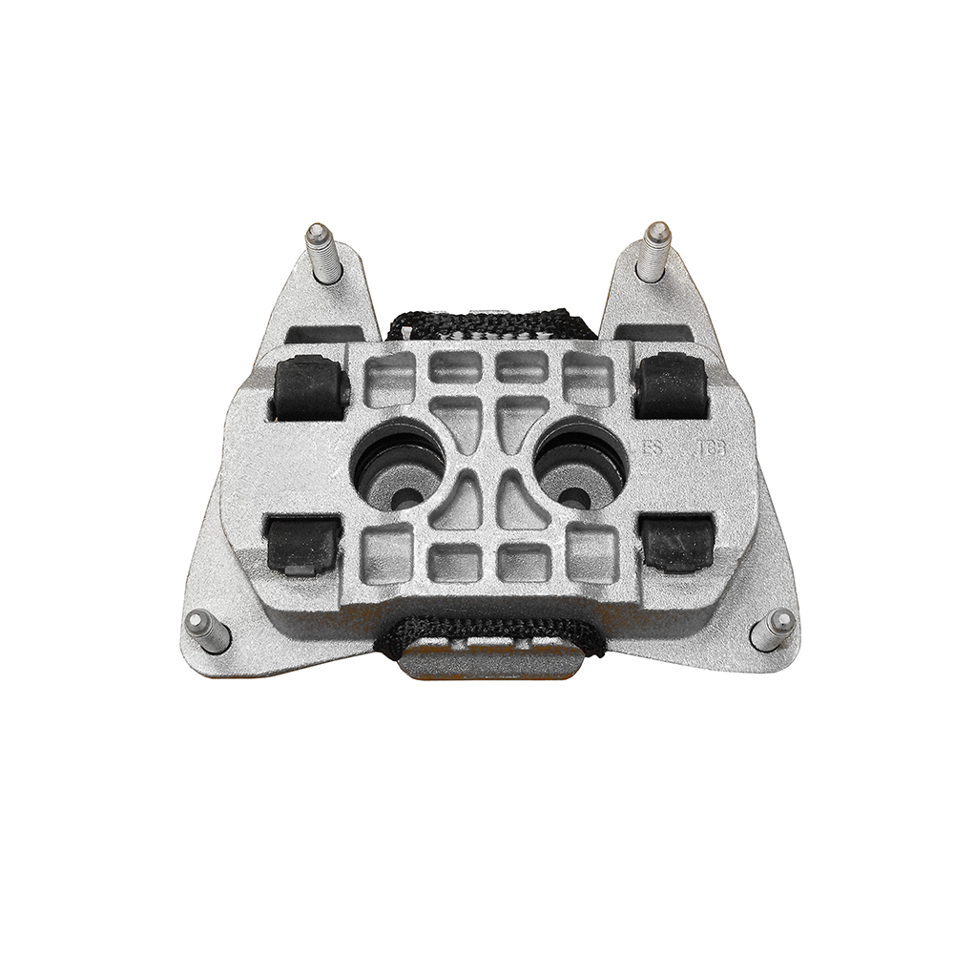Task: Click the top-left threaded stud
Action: pos(322,253)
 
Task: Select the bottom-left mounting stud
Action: pos(207,632)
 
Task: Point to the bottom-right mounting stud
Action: pos(773,630)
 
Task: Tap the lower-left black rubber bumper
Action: pos(301,545)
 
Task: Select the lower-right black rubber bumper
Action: pos(676,543)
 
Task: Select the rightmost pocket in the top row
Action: pos(585,375)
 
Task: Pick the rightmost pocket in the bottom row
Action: pos(591,553)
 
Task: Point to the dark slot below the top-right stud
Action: pos(653,331)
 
